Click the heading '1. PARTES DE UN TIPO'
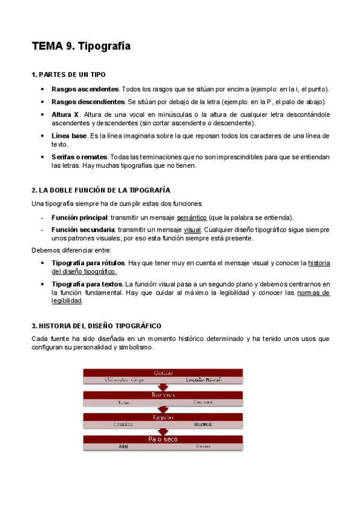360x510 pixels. point(69,75)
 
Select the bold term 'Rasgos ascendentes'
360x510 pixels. point(85,89)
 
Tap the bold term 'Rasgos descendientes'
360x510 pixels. point(88,102)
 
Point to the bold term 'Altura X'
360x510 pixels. point(66,114)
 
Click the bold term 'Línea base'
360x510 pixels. point(69,136)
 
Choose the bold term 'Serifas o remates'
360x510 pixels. point(79,157)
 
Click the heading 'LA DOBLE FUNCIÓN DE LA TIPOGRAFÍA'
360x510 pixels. point(105,190)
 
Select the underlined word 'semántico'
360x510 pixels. point(192,217)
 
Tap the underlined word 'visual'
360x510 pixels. point(192,229)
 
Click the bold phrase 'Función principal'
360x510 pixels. point(79,217)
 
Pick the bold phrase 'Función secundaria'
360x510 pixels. point(83,229)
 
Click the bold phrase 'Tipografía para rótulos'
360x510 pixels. point(88,263)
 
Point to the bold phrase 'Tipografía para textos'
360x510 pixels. point(87,284)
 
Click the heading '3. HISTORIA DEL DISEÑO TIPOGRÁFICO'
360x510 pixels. point(96,325)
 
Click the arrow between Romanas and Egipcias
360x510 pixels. point(162,409)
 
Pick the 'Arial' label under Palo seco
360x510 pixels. point(124,447)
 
